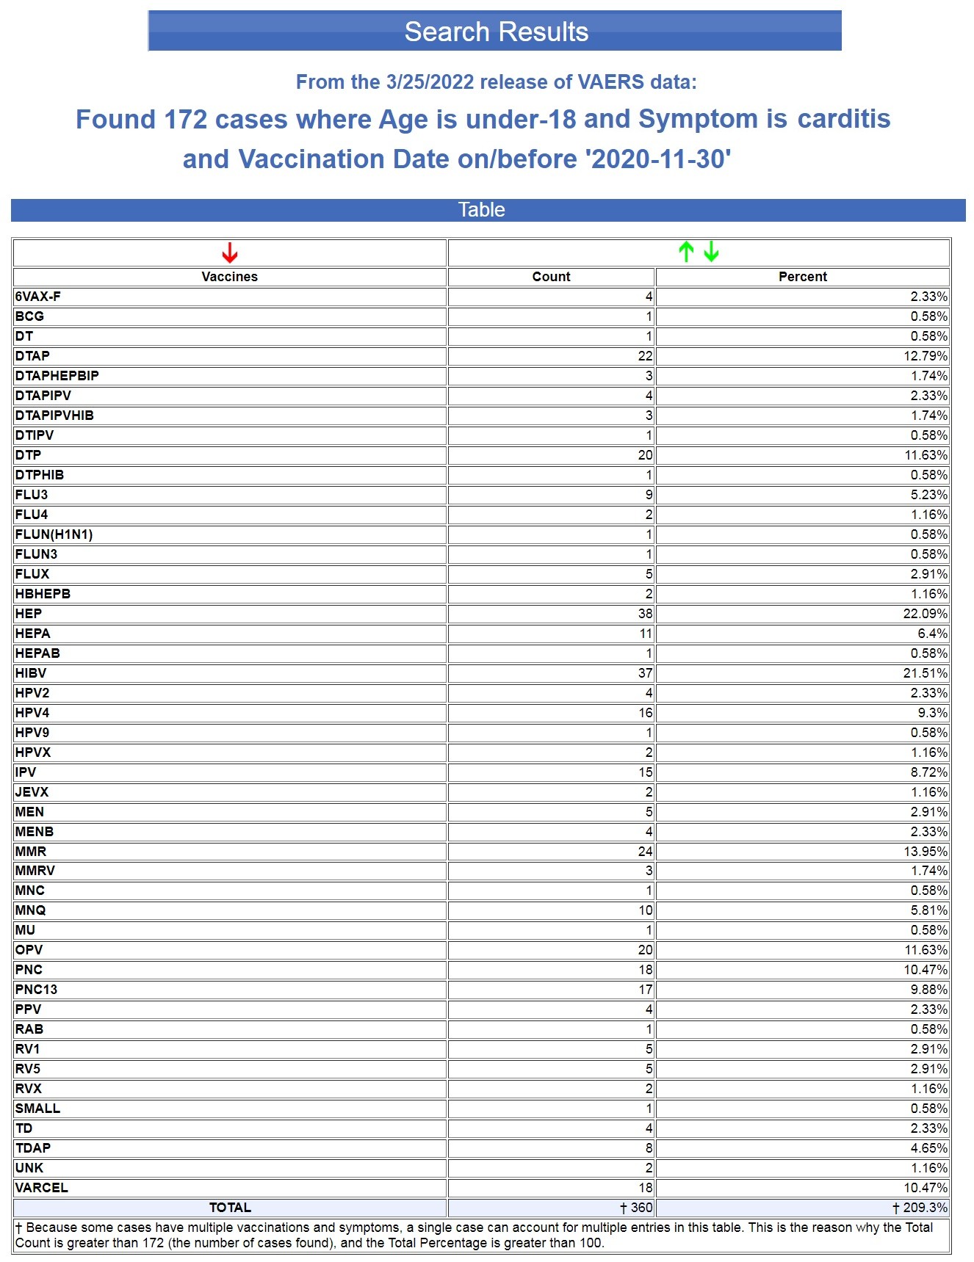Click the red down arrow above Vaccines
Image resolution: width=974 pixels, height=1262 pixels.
(x=230, y=253)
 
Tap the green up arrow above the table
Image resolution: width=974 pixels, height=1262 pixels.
(x=686, y=252)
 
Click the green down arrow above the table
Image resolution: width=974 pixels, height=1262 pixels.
(x=711, y=252)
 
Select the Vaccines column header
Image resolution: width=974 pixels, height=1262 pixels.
(x=230, y=277)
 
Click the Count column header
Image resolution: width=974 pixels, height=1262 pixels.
(x=551, y=277)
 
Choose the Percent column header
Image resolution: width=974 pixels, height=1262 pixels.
(x=802, y=277)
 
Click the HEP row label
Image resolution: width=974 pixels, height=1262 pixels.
(x=29, y=614)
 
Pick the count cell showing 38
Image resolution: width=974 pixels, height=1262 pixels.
(x=645, y=614)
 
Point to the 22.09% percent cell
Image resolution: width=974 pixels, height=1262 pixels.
(x=925, y=614)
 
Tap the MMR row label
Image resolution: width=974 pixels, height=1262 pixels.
(x=31, y=852)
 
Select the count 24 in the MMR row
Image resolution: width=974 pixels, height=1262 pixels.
(x=645, y=852)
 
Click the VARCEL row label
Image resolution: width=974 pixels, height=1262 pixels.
(x=42, y=1188)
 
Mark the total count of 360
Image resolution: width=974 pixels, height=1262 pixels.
(x=636, y=1208)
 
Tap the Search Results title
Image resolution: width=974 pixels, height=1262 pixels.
(x=496, y=32)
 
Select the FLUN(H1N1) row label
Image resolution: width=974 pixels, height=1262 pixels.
(x=54, y=534)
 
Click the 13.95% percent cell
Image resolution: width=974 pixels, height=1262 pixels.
(x=925, y=852)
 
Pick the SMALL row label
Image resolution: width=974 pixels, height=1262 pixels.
(x=37, y=1109)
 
